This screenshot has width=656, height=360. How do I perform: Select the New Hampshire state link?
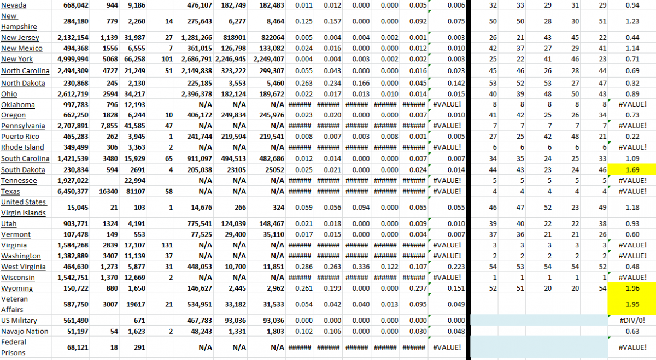click(19, 21)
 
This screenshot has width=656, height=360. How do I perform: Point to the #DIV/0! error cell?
click(633, 321)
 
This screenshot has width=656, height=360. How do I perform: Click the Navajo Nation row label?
click(24, 331)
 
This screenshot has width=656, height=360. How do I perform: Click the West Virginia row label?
click(21, 267)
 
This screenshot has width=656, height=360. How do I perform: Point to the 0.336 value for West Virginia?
click(359, 267)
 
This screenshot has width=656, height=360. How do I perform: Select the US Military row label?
click(19, 320)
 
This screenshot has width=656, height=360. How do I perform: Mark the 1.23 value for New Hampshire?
click(632, 21)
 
